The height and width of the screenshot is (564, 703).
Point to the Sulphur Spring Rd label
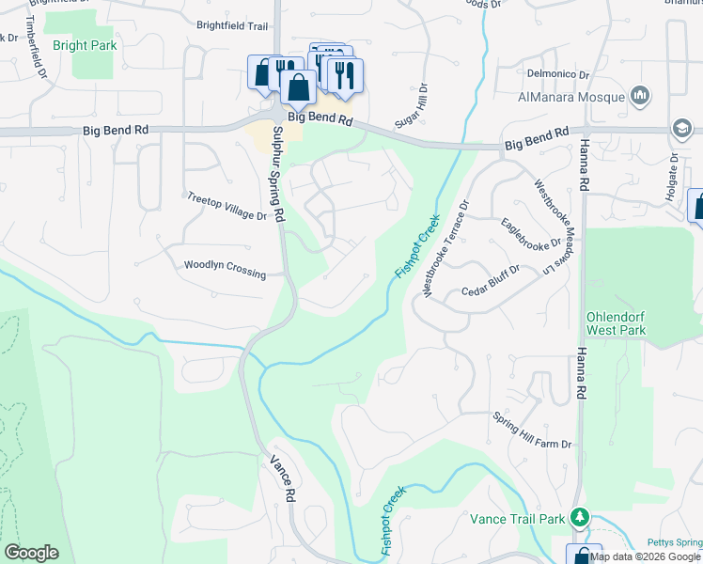pos(277,174)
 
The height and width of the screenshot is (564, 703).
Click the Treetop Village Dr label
pos(227,207)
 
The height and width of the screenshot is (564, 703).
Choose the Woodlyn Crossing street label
pos(225,269)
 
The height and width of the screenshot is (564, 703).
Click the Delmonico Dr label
pos(556,73)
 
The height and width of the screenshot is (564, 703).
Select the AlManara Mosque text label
pos(571,97)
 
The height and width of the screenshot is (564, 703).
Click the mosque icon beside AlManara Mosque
pos(640,95)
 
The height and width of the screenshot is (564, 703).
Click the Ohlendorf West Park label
pos(616,323)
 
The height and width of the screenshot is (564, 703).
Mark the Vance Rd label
pos(283,478)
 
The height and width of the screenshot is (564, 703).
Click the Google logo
pos(31,553)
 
